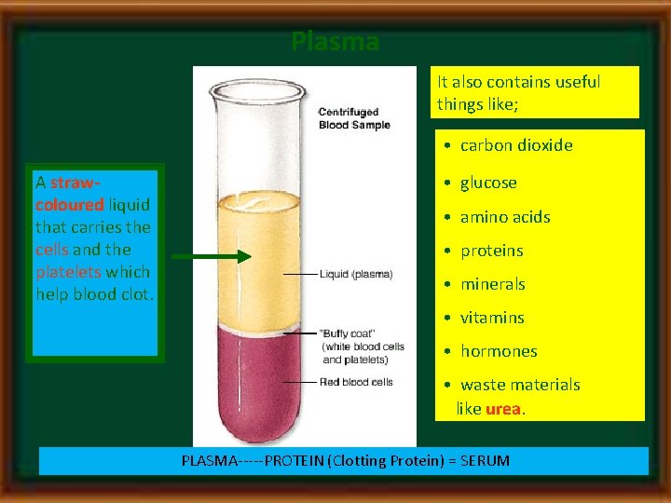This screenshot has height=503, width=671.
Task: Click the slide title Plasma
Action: (335, 42)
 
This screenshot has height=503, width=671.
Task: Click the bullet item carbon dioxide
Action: (516, 145)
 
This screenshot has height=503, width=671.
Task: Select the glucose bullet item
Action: (488, 183)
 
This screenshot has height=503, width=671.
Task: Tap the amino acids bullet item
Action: (505, 217)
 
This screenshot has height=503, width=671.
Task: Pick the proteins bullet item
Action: (491, 251)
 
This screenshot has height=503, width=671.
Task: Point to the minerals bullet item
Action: (492, 284)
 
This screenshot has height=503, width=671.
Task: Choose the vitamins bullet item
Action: (492, 318)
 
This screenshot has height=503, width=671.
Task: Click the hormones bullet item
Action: (499, 351)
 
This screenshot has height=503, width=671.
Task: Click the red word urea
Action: (503, 408)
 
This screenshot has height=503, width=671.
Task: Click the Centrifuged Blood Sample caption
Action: (354, 119)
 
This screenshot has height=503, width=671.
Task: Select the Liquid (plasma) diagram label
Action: (356, 275)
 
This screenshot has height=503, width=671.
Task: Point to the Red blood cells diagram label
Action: (356, 382)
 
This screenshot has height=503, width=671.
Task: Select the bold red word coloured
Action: (70, 204)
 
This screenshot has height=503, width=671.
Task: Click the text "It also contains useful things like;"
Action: (519, 92)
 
